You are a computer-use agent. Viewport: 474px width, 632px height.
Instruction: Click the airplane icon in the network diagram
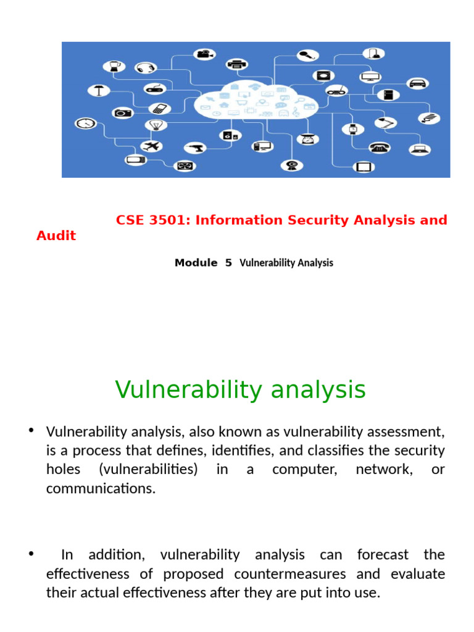pos(151,146)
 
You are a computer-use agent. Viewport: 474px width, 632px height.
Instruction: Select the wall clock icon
pos(85,123)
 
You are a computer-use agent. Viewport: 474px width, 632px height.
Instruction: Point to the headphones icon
pos(146,68)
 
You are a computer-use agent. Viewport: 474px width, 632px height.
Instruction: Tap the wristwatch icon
pos(353,129)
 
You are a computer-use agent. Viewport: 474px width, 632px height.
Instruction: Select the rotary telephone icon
pos(378,148)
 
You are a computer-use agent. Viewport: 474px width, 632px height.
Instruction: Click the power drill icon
pos(195,148)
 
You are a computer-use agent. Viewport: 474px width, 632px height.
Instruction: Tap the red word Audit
pos(56,236)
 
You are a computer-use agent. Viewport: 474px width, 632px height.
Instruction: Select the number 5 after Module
pos(228,263)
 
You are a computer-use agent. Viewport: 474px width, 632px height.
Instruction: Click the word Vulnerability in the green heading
pos(186,390)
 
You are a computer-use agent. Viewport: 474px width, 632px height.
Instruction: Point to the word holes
pos(63,469)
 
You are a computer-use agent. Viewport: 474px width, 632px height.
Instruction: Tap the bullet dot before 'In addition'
pos(31,553)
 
